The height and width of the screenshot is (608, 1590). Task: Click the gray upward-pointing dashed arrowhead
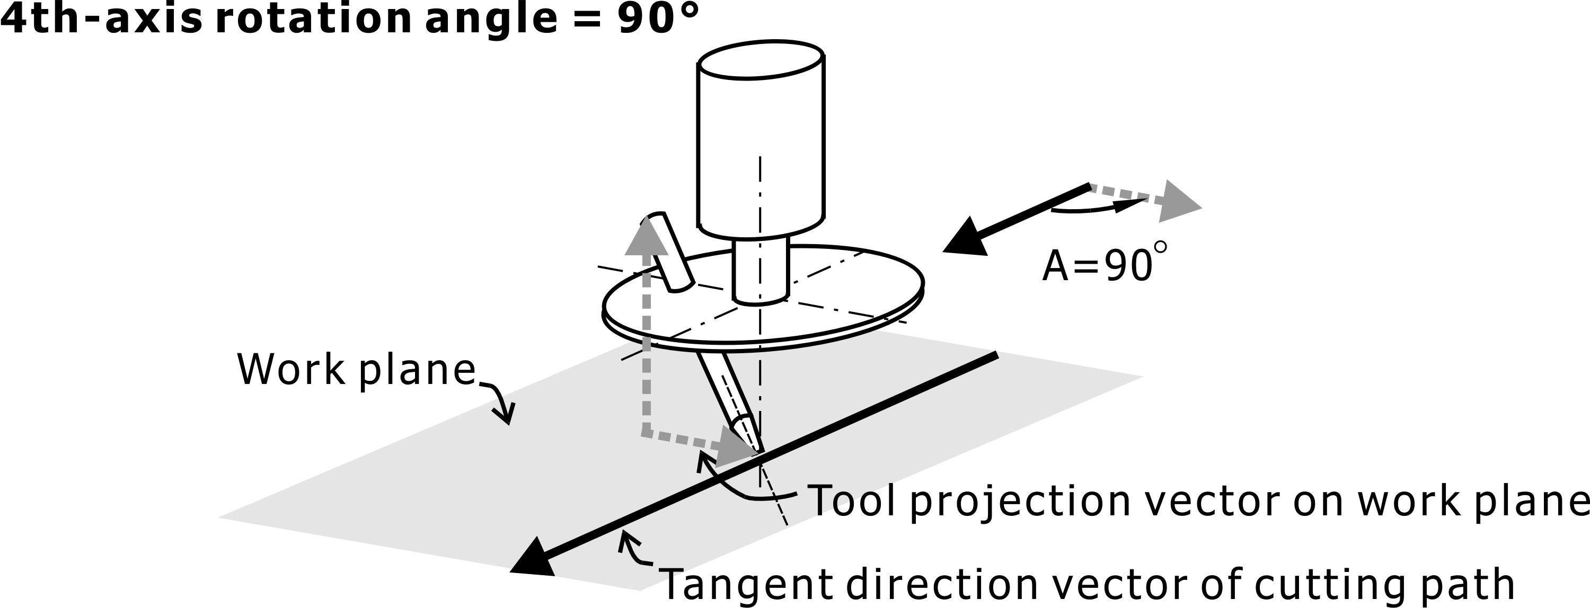coord(646,237)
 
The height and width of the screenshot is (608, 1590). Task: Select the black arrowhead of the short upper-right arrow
coord(967,238)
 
